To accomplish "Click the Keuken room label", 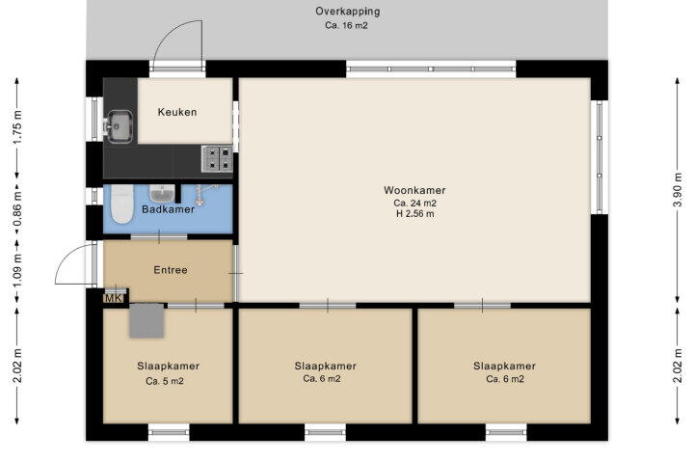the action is (x=177, y=112).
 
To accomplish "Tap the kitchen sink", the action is (x=119, y=126).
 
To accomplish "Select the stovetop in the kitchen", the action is (x=217, y=158).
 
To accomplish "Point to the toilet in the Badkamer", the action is (x=122, y=204).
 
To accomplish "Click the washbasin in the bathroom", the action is (x=163, y=193).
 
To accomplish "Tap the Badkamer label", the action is (x=168, y=209).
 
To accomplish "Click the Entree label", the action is (x=171, y=270).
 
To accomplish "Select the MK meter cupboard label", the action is (x=114, y=299).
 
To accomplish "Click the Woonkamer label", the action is (x=414, y=190).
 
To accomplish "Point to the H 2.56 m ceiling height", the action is (x=415, y=214).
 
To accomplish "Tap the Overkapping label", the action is (x=347, y=11).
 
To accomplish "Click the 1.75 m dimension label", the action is (x=16, y=127).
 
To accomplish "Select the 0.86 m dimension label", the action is (x=16, y=209).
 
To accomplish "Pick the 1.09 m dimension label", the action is (x=16, y=270).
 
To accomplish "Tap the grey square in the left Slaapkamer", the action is (x=147, y=320).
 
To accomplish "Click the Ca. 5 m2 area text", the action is (x=165, y=381).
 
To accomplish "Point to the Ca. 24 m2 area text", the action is (x=415, y=204).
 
